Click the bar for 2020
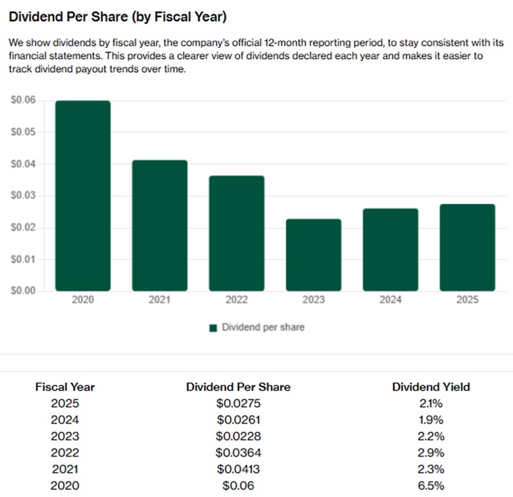[82, 196]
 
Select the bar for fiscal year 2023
[313, 255]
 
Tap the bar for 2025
[467, 247]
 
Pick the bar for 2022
[237, 233]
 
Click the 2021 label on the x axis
[159, 301]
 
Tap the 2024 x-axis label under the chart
[390, 301]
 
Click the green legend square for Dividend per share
[213, 328]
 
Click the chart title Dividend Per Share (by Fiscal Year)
[118, 16]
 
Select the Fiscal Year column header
[65, 387]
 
